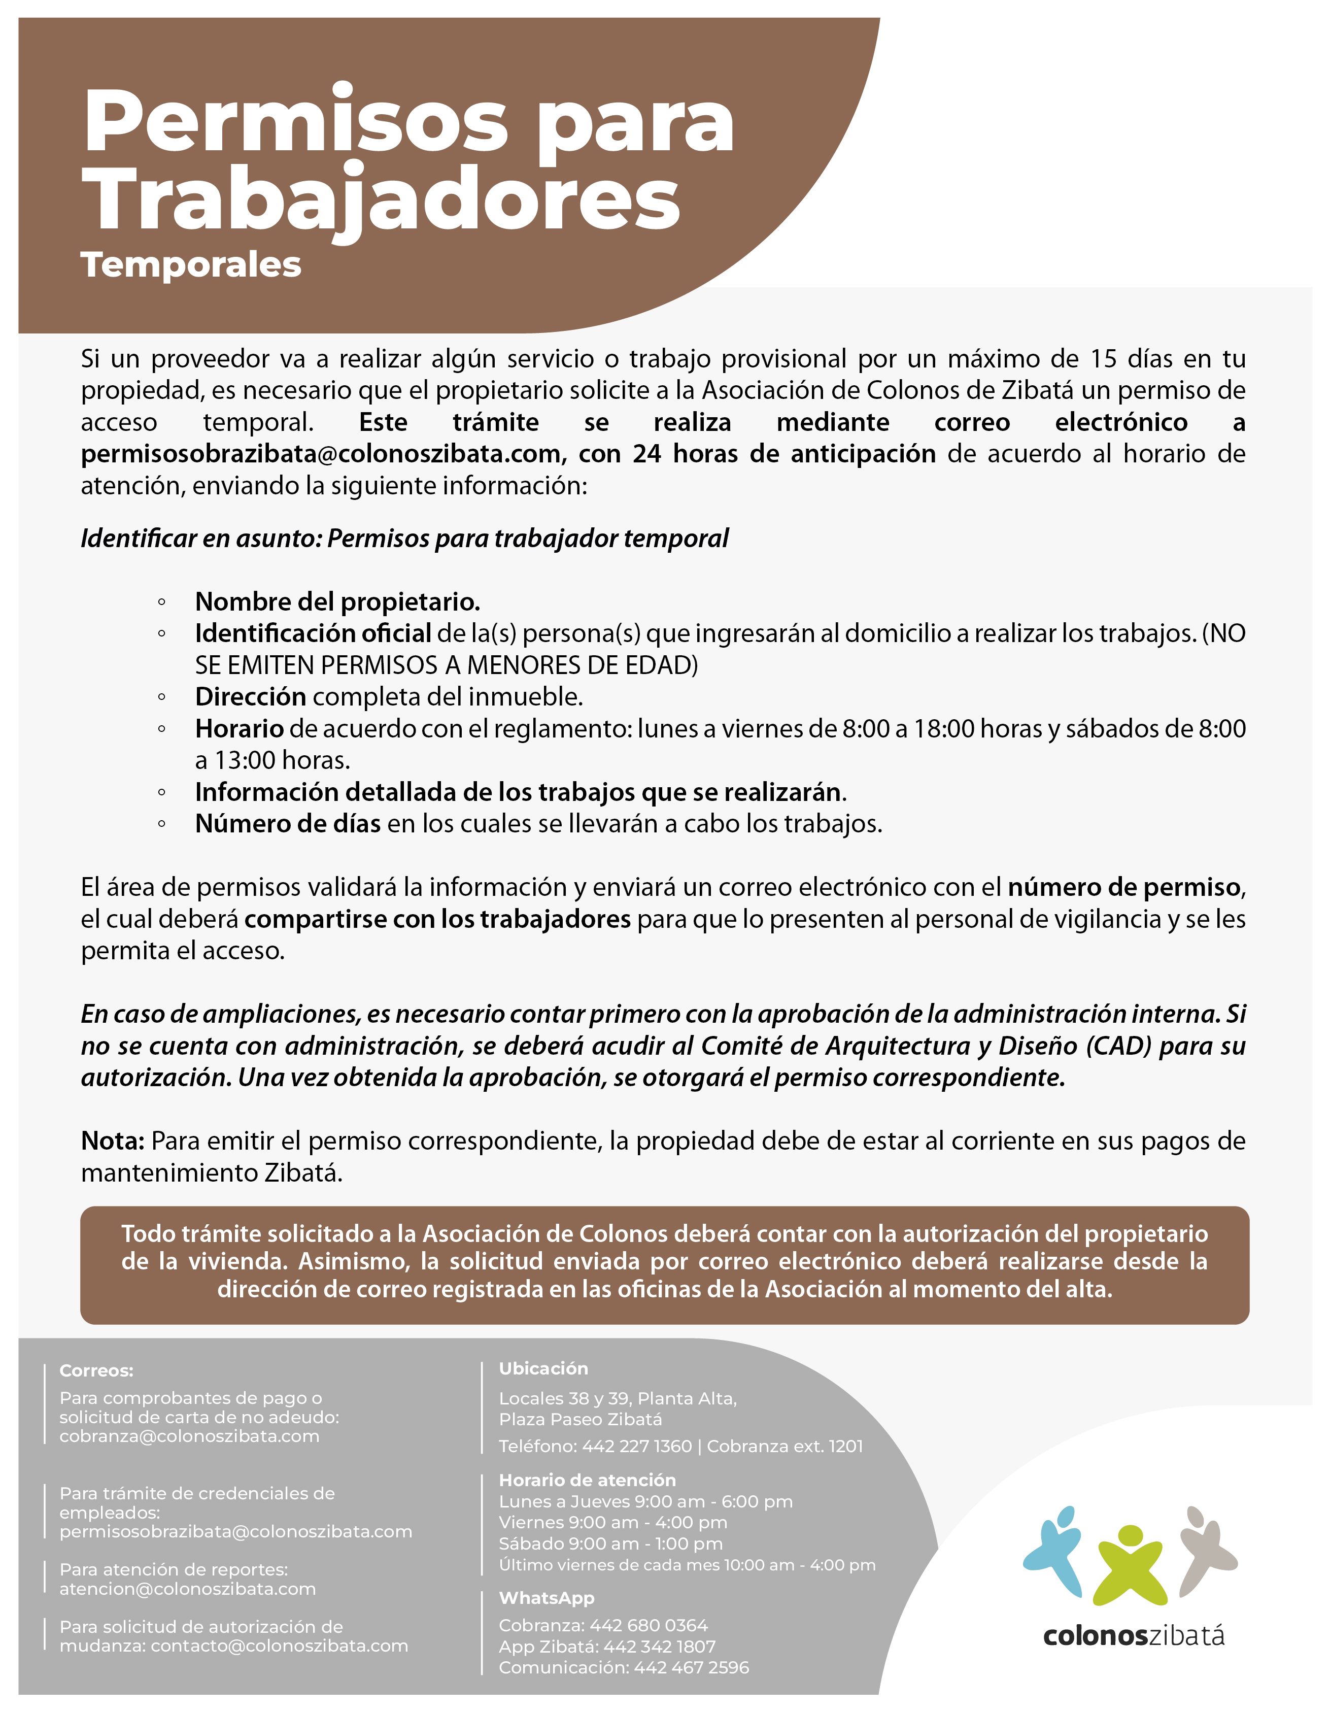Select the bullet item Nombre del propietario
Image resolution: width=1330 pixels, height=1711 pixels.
[x=337, y=601]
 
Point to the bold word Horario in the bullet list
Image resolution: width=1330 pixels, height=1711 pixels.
[x=239, y=728]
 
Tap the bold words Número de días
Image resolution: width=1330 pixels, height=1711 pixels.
[x=287, y=823]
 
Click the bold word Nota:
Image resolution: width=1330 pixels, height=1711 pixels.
[x=113, y=1140]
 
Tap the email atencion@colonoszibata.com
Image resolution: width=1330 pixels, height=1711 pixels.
[x=187, y=1588]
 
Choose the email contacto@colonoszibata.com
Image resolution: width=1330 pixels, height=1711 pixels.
[x=279, y=1645]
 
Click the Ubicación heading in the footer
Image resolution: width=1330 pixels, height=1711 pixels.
[x=543, y=1368]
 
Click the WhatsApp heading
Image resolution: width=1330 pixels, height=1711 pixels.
[x=546, y=1598]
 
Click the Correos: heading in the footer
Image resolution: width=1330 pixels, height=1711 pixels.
[x=96, y=1370]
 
